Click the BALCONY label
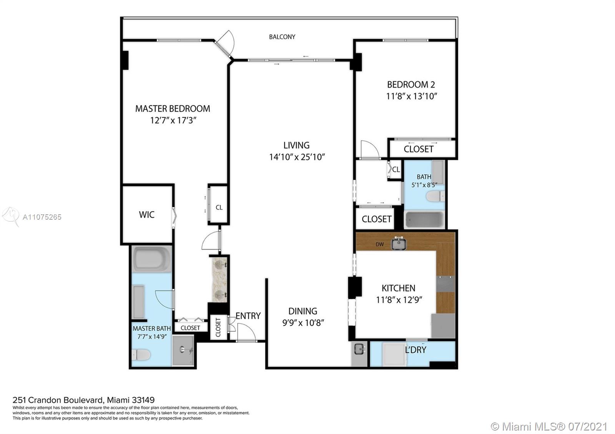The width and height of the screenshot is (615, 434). click(x=282, y=37)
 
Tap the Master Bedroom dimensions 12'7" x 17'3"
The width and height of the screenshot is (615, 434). click(x=173, y=121)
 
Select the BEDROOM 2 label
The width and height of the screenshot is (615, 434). click(x=411, y=84)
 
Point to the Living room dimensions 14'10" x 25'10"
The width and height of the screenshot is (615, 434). click(x=297, y=157)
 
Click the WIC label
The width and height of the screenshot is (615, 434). click(x=146, y=215)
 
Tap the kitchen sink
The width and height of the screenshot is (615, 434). click(x=399, y=243)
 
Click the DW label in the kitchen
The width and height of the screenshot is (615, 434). click(x=380, y=244)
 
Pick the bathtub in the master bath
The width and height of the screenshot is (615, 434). click(x=151, y=259)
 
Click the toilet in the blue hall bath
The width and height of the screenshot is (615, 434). click(x=435, y=196)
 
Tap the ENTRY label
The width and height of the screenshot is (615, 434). click(x=248, y=316)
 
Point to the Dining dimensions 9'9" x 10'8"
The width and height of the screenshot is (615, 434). click(x=303, y=323)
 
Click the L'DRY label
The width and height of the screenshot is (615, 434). click(x=416, y=350)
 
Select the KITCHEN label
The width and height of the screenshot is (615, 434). click(x=398, y=288)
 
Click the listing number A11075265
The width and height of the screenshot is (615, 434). click(x=42, y=217)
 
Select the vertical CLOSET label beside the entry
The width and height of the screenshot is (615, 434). click(x=218, y=327)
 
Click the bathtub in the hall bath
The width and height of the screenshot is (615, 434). click(x=424, y=219)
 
